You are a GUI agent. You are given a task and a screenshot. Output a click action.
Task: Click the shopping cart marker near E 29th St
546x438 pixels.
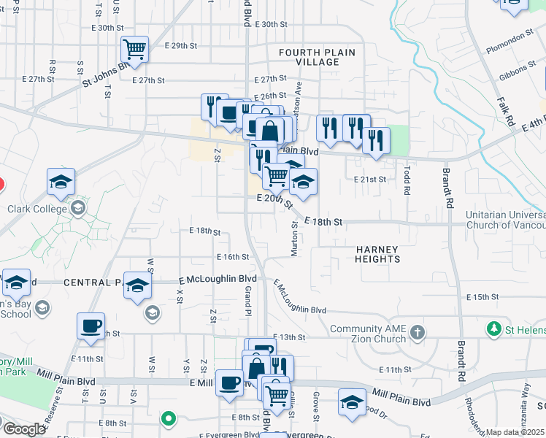(134, 50)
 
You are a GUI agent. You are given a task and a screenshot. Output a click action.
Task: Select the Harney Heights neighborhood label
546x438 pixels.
(378, 254)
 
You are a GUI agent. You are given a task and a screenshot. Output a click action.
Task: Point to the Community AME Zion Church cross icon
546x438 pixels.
(418, 333)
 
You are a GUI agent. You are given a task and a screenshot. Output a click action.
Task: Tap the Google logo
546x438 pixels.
(24, 429)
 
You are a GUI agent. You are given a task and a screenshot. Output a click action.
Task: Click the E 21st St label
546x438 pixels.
(369, 179)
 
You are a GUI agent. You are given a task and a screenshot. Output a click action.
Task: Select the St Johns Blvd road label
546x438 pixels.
(107, 74)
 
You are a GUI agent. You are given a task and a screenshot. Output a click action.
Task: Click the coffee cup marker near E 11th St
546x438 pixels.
(91, 326)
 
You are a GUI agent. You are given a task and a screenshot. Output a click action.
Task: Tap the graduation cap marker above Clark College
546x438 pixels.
(61, 182)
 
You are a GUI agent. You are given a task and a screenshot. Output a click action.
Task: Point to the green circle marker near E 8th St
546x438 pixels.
(169, 419)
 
